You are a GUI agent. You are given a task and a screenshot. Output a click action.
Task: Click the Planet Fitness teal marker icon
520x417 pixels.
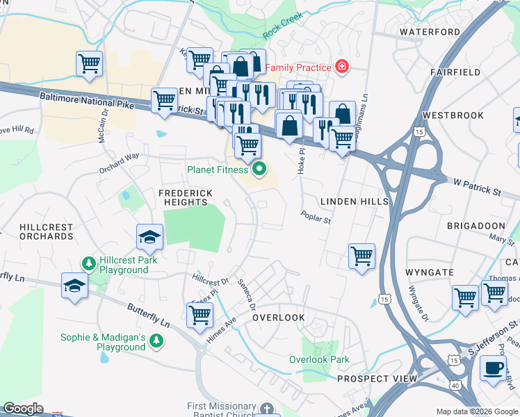tap(260, 169)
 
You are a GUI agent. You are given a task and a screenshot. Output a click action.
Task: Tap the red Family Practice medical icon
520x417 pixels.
tap(341, 67)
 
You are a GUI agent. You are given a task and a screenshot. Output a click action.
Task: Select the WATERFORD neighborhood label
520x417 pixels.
tap(430, 32)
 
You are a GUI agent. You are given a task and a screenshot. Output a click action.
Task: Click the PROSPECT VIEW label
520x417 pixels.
tap(377, 379)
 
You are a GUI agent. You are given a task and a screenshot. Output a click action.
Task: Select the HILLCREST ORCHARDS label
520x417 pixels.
tap(37, 231)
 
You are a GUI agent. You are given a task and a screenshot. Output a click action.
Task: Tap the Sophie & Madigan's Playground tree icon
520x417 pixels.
tap(158, 340)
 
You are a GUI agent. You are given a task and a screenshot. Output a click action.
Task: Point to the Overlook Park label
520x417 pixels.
tap(320, 359)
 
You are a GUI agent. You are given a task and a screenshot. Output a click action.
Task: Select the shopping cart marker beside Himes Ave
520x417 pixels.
tap(200, 315)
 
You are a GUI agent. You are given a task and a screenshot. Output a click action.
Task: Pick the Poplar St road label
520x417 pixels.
tap(316, 218)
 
